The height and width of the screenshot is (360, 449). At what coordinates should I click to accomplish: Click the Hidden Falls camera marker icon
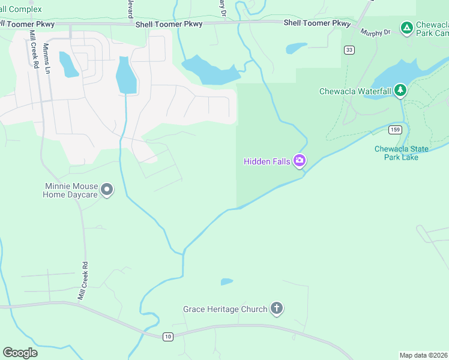[300, 161]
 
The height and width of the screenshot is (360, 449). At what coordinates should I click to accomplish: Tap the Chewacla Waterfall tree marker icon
[400, 91]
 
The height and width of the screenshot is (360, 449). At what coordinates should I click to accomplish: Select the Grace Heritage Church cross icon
[276, 309]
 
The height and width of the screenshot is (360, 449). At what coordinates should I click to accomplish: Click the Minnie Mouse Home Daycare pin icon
[107, 190]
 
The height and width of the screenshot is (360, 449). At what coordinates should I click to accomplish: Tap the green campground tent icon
[406, 28]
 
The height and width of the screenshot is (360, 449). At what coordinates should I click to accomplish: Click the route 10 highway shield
[167, 337]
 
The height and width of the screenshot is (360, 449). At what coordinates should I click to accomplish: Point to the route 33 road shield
[349, 50]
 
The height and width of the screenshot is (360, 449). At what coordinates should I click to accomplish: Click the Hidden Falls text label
[267, 161]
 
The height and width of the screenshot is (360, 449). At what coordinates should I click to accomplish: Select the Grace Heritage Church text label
[225, 310]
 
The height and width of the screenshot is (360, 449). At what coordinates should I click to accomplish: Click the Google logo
[20, 353]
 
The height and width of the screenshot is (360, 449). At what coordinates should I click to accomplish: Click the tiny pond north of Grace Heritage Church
[227, 281]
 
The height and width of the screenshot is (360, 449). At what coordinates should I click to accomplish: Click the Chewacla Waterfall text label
[355, 91]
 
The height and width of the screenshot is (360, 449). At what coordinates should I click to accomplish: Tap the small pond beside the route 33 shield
[297, 48]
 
